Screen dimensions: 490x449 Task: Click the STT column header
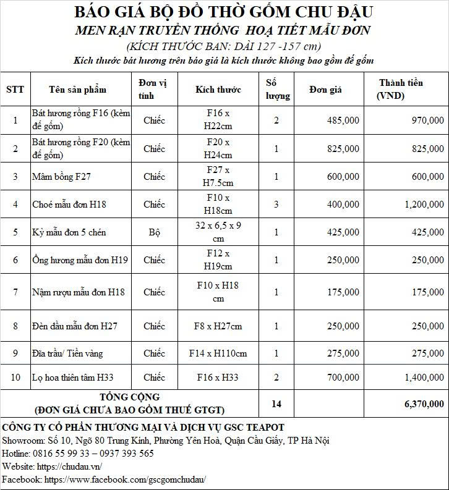[15, 89]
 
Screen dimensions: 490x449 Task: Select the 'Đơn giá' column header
[326, 90]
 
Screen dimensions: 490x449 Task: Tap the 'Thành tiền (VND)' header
[401, 89]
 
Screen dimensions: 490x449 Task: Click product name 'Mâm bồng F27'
[61, 177]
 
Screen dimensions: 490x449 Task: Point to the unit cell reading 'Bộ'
[154, 232]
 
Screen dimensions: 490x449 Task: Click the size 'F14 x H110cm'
[218, 353]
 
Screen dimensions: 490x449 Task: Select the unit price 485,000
[341, 120]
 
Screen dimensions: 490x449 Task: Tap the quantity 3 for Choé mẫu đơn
[276, 204]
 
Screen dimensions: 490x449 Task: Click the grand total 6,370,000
[424, 403]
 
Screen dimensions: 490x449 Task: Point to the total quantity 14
[276, 403]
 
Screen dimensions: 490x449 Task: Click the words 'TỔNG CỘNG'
[130, 397]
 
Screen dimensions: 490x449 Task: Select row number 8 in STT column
[15, 326]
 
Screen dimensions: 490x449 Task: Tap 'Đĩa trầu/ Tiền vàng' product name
[67, 353]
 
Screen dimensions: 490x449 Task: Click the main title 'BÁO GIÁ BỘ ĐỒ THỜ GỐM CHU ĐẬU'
[224, 12]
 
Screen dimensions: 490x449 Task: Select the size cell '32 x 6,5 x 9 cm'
[218, 232]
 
